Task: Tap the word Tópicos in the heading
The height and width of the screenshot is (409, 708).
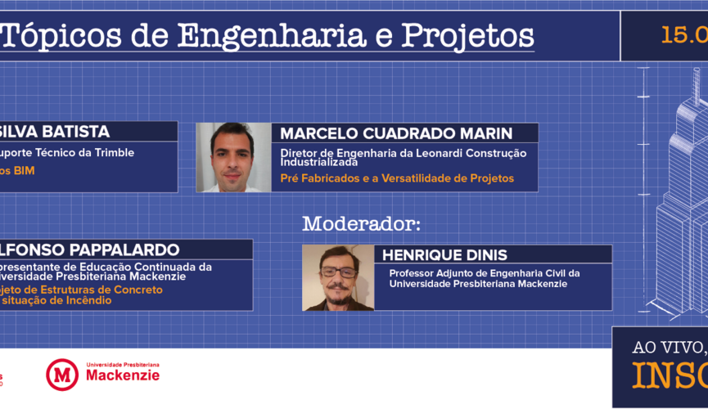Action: pos(65,36)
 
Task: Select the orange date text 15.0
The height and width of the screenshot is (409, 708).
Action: pos(684,35)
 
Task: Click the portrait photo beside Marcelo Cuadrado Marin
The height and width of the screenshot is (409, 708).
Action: pos(233,157)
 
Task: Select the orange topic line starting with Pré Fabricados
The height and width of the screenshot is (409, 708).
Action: pos(397,178)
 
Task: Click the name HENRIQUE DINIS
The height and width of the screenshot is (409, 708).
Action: pos(442,255)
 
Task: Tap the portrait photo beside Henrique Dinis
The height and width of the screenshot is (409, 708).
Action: pos(338,277)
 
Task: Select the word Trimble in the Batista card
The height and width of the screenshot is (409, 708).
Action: pos(115,152)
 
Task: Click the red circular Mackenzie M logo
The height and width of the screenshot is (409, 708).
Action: pos(61,374)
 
